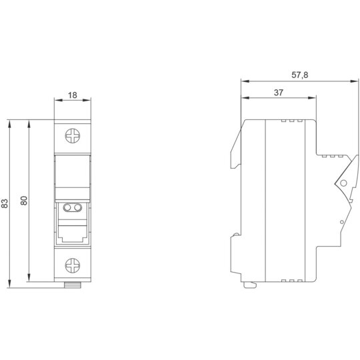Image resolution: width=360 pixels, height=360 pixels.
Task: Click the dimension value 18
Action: pos(73,95)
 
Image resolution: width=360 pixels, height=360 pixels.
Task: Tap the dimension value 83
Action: pos(5,203)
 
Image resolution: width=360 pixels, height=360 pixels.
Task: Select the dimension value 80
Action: pos(24,201)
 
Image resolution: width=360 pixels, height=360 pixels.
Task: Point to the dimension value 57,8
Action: pos(300,75)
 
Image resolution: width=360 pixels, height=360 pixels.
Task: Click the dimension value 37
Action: pos(279,93)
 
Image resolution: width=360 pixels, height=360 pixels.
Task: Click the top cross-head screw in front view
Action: pos(73,136)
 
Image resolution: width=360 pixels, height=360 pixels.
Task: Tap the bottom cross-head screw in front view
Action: pos(73,265)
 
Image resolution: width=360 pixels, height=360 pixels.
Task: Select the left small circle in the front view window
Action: pos(67,207)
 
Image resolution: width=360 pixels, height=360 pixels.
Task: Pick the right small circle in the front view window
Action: pos(78,207)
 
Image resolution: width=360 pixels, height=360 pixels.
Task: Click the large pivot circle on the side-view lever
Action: pos(343,183)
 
